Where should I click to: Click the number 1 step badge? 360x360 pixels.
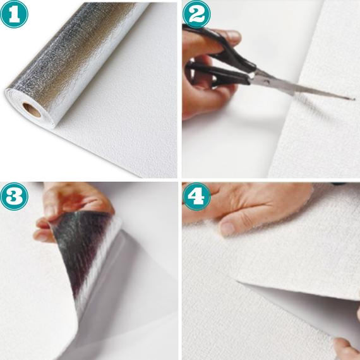coord(14,14)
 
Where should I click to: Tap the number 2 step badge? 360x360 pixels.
coord(196,14)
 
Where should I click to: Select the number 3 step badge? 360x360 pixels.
coord(14,196)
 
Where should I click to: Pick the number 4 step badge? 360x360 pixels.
coord(196,196)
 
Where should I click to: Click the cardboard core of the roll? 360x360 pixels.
coord(32,110)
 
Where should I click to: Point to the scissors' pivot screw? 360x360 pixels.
coord(267,81)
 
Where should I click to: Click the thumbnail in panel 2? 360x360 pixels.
coord(233,35)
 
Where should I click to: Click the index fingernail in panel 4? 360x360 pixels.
coord(227,228)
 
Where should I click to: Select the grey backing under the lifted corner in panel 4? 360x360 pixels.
coord(305,305)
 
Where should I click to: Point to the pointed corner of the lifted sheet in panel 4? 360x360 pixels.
coord(238,282)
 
